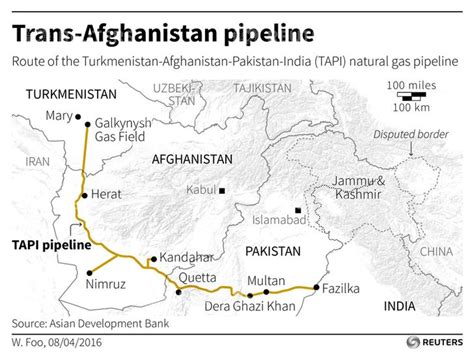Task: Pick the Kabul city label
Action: click(x=201, y=190)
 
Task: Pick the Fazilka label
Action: click(x=342, y=288)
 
